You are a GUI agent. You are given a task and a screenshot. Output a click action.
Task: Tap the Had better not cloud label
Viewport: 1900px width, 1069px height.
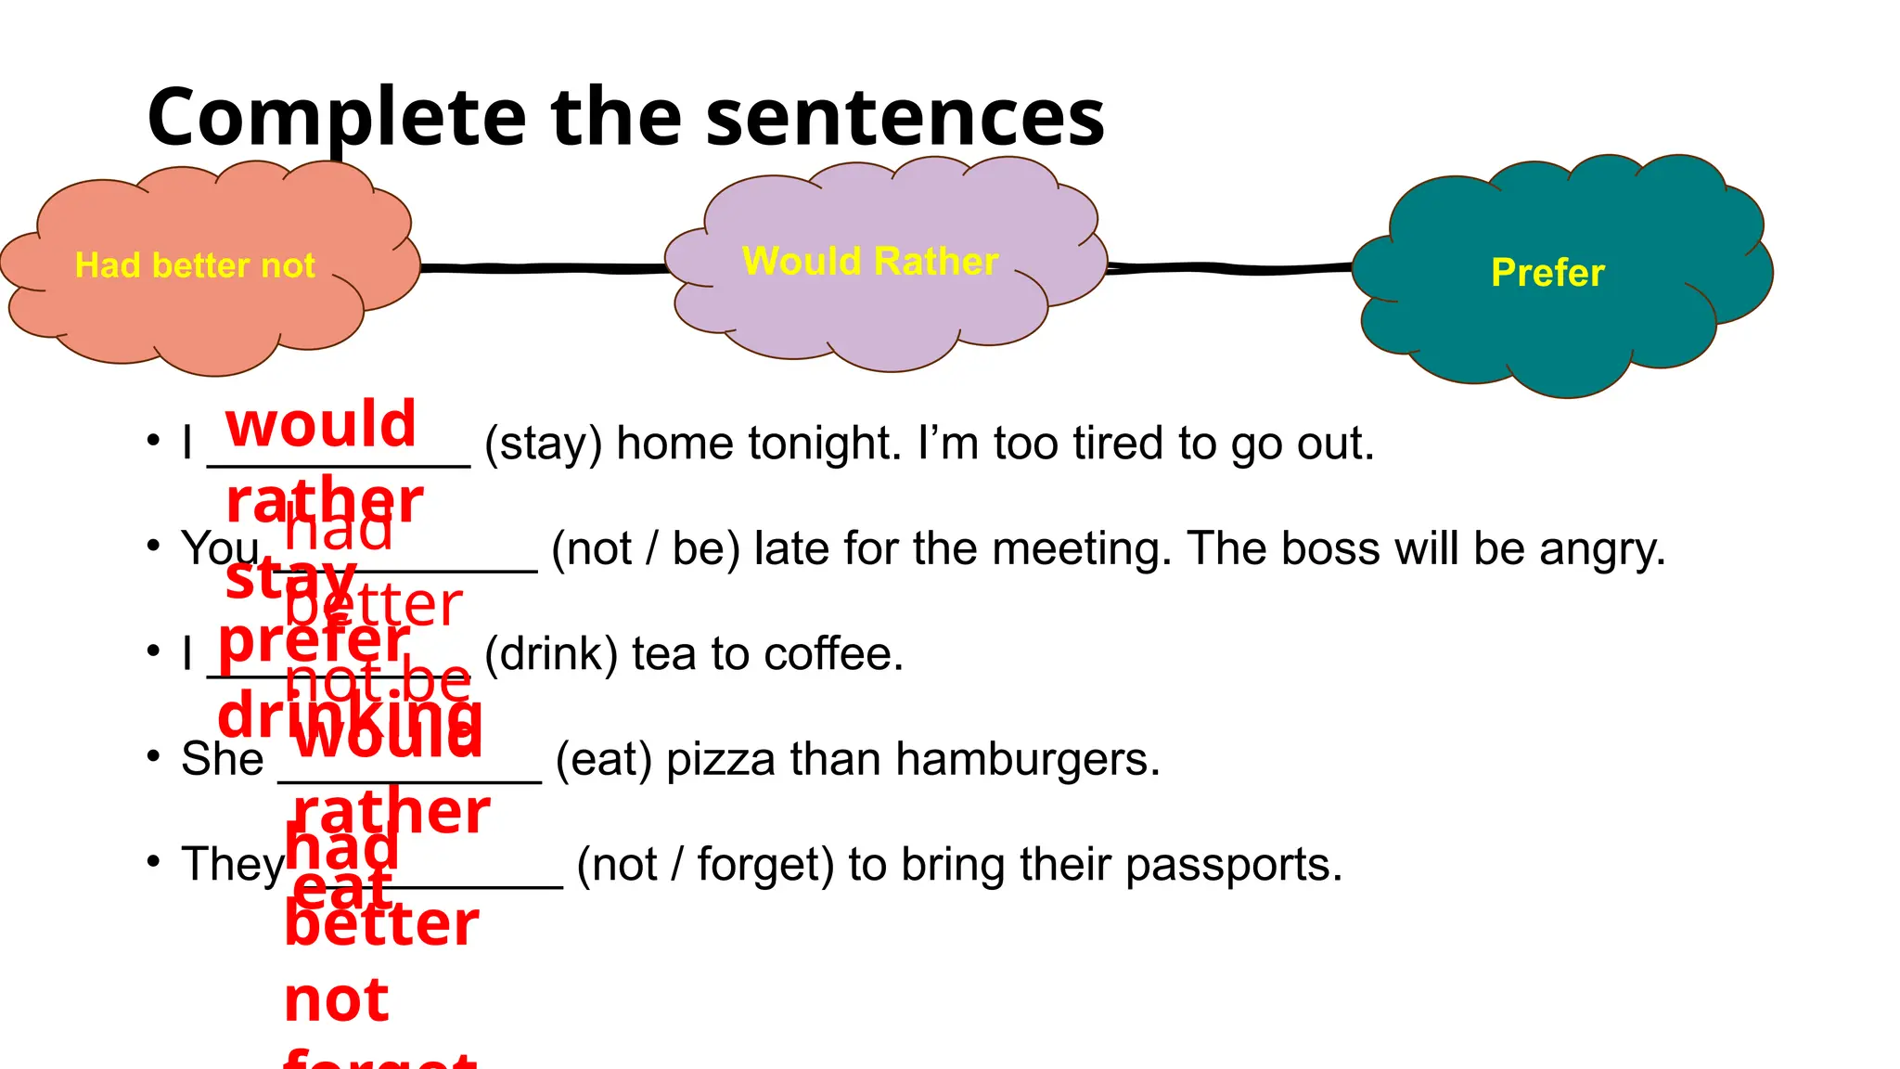tap(195, 265)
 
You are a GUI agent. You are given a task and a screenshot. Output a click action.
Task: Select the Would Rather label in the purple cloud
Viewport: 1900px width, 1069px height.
tap(870, 262)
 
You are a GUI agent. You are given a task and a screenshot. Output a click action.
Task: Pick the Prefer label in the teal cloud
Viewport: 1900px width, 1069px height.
tap(1547, 273)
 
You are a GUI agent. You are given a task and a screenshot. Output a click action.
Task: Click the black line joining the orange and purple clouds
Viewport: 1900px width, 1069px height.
tap(543, 268)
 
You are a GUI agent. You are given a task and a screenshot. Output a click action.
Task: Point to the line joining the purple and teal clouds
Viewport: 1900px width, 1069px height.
tap(1229, 268)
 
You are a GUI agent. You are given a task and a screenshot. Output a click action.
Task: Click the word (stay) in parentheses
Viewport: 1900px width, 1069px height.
tap(543, 444)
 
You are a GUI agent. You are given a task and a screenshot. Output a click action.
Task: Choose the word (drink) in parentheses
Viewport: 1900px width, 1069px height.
tap(551, 654)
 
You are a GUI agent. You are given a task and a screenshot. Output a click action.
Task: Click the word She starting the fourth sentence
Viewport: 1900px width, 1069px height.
tap(223, 759)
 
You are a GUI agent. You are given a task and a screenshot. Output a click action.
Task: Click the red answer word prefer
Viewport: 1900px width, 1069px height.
tap(314, 640)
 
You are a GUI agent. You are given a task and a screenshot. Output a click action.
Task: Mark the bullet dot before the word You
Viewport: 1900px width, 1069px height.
tap(153, 546)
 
